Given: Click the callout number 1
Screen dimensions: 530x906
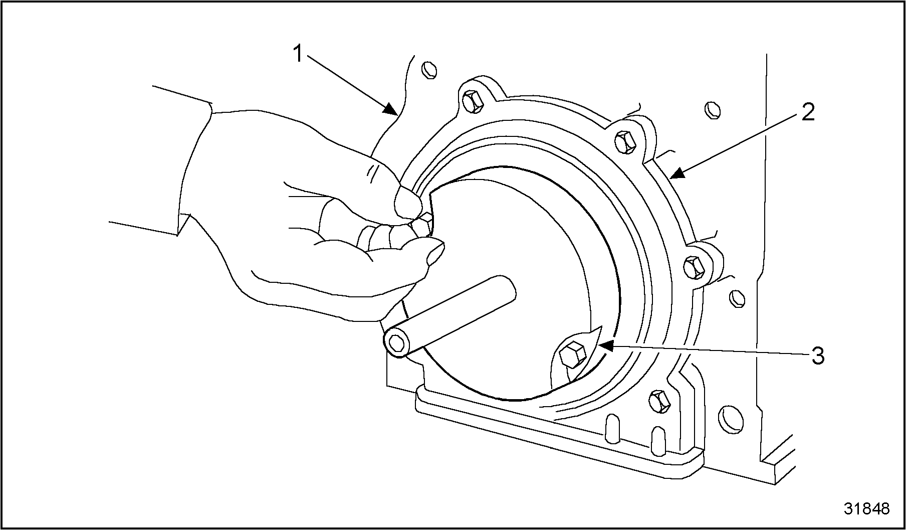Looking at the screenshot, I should click(299, 54).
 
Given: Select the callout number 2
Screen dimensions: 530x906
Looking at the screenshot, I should click(808, 112).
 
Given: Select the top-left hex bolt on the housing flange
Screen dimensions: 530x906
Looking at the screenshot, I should click(472, 102).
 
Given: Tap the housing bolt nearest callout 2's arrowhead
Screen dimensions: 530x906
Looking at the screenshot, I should click(625, 141).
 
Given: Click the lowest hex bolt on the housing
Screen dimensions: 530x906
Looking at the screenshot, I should click(659, 401).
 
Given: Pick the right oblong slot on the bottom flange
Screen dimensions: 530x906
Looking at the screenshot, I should click(657, 440).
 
